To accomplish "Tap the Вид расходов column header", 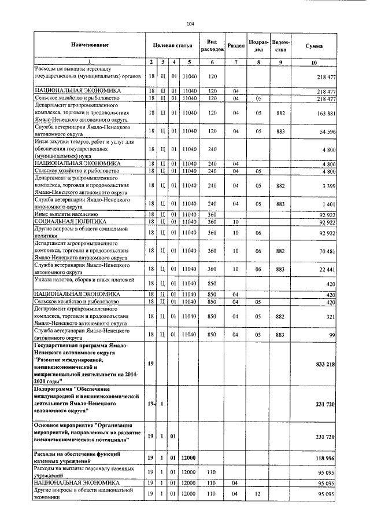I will pos(212,45).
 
